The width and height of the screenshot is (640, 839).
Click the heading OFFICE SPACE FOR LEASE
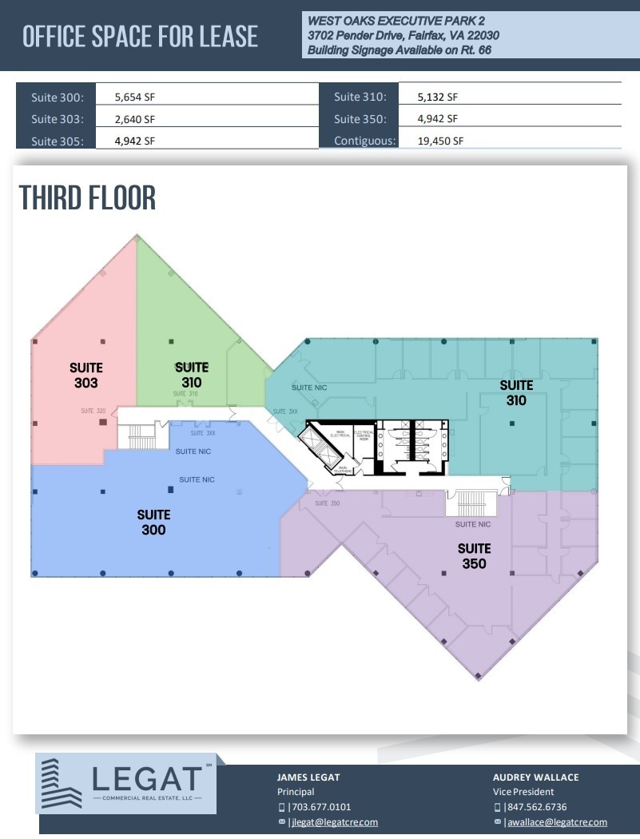(x=140, y=36)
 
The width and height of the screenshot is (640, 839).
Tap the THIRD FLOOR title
(x=87, y=197)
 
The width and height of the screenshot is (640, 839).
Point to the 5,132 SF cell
(x=438, y=97)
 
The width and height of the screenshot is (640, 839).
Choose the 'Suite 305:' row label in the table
(x=56, y=141)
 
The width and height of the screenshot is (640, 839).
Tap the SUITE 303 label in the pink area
(x=85, y=375)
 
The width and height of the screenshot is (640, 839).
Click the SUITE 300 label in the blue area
(x=153, y=522)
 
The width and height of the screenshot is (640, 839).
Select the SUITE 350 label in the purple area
(x=474, y=555)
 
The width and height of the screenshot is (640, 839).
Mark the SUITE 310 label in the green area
(x=192, y=375)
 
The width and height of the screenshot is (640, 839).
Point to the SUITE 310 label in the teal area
(x=516, y=392)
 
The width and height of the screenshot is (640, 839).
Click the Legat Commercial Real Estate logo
(x=126, y=783)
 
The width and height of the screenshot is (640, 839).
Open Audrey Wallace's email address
(x=555, y=822)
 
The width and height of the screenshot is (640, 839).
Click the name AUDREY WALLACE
(x=535, y=777)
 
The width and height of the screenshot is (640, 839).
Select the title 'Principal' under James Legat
(x=296, y=792)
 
